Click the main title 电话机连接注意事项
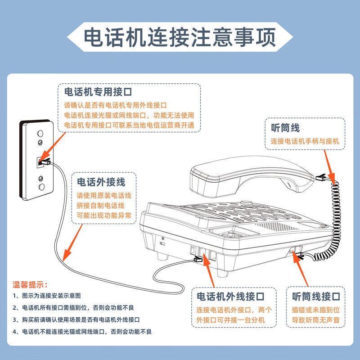(x=180, y=38)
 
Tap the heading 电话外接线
(x=101, y=182)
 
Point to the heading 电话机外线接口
(x=230, y=296)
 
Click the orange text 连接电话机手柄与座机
(x=305, y=141)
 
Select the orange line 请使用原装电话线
(x=104, y=196)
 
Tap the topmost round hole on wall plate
(x=40, y=134)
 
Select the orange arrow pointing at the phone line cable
(x=72, y=243)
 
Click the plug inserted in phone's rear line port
(x=198, y=260)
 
